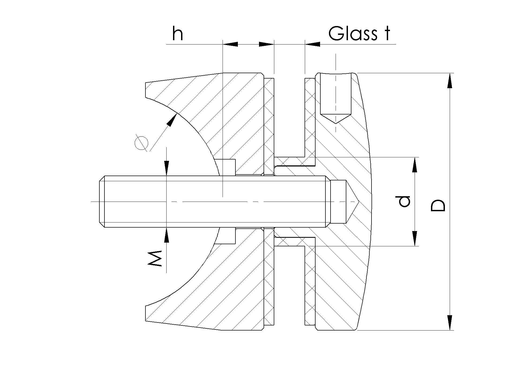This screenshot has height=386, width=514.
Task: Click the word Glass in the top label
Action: tap(352, 34)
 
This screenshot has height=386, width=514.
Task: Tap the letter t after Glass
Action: tap(386, 34)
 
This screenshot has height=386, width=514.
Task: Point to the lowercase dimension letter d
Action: tap(404, 201)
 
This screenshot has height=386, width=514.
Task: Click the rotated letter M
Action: tap(155, 259)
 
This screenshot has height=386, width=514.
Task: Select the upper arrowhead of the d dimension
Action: tap(415, 165)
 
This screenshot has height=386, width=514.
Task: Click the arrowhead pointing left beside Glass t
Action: tap(313, 44)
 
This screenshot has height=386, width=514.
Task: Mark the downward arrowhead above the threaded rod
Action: tap(167, 168)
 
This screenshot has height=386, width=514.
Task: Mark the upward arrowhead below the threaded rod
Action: tap(167, 235)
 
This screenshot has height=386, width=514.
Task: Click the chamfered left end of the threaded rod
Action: tap(102, 202)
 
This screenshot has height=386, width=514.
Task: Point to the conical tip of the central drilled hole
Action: tap(354, 201)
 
